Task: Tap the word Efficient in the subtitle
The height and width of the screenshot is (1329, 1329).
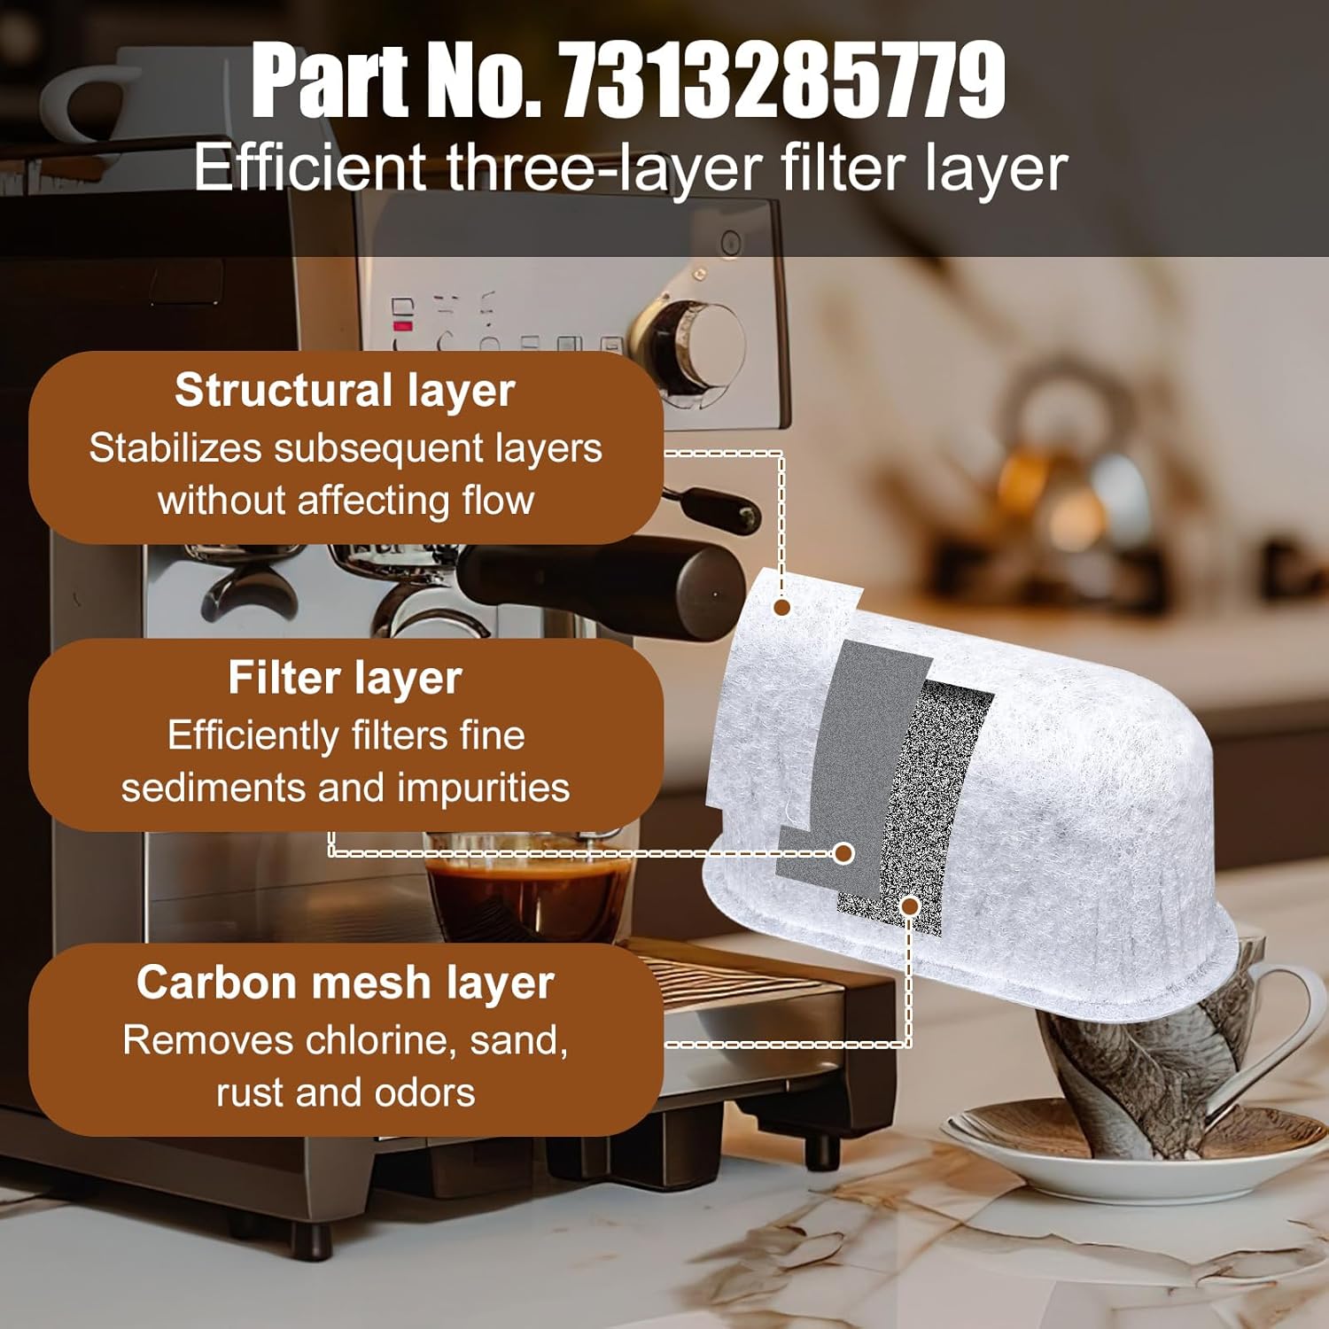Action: tap(309, 167)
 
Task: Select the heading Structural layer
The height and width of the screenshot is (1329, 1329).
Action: tap(345, 390)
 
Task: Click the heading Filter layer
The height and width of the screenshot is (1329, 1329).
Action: tap(345, 678)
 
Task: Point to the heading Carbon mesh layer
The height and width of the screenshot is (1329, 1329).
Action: tap(345, 982)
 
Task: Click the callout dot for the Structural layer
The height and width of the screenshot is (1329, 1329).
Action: tap(781, 607)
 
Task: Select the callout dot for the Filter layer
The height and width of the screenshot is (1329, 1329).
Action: tap(843, 853)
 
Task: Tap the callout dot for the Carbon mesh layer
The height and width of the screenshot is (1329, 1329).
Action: tap(909, 905)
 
